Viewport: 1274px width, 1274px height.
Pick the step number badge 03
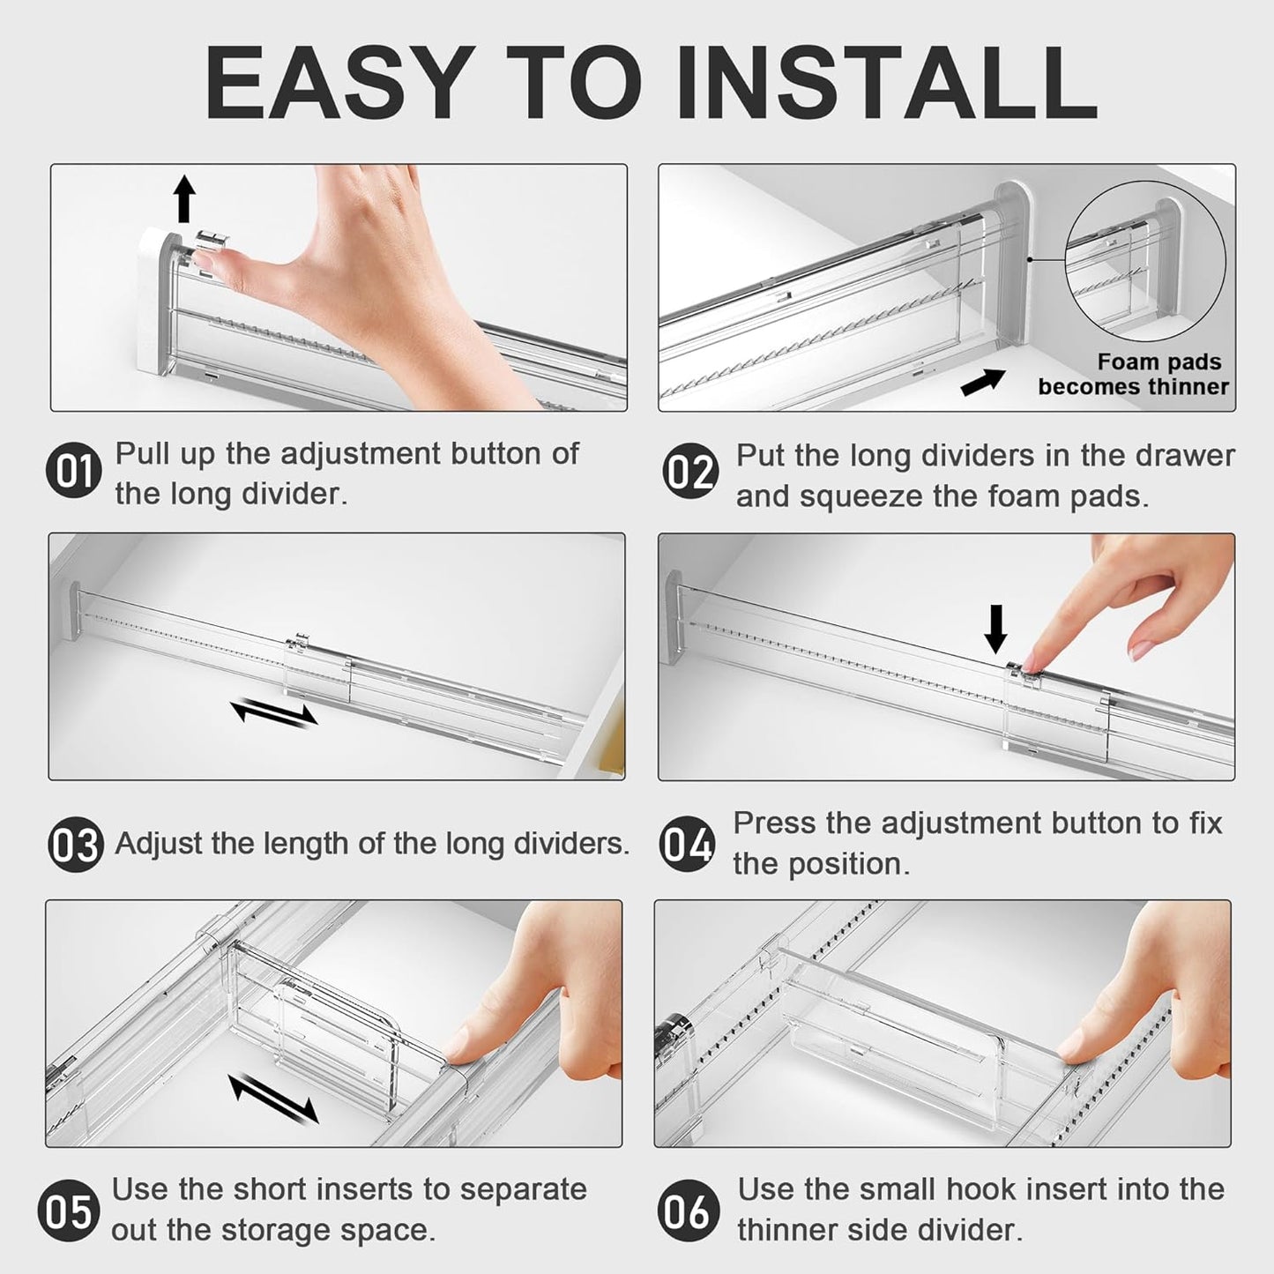[x=74, y=845]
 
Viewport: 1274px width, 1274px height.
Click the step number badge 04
[x=687, y=845]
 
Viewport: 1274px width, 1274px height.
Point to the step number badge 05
[x=65, y=1211]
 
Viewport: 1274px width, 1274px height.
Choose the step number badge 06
[x=685, y=1211]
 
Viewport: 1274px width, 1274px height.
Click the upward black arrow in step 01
[x=183, y=198]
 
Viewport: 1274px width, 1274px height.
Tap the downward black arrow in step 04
[x=995, y=629]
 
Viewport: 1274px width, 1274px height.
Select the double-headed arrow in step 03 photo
[x=273, y=711]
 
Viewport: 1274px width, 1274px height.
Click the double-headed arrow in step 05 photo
[x=273, y=1098]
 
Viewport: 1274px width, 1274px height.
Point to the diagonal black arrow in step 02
[x=982, y=382]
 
